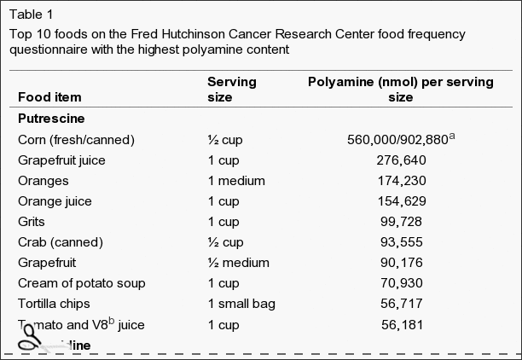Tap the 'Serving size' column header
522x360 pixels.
click(x=232, y=90)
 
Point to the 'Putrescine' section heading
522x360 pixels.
click(x=50, y=119)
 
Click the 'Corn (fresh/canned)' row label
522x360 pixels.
click(x=76, y=139)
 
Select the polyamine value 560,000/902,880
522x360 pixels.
click(x=397, y=140)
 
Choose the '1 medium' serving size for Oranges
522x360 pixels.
click(x=236, y=180)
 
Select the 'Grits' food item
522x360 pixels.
click(x=32, y=221)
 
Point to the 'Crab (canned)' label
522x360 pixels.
click(x=60, y=241)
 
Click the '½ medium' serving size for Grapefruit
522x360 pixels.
click(x=238, y=262)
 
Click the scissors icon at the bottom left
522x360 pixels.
click(x=32, y=344)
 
